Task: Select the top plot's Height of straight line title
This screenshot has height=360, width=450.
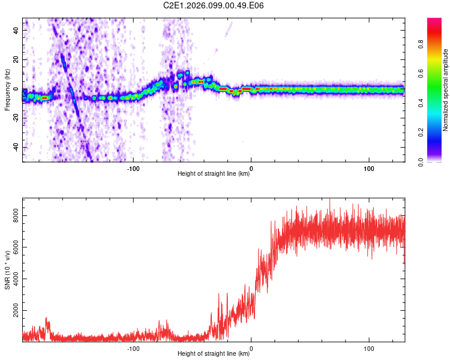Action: [x=214, y=174]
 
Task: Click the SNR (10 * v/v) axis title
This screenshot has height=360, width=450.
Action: [x=7, y=269]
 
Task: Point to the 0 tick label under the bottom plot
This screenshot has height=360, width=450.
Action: [x=251, y=348]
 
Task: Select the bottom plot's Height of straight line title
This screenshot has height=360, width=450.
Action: [x=214, y=354]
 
